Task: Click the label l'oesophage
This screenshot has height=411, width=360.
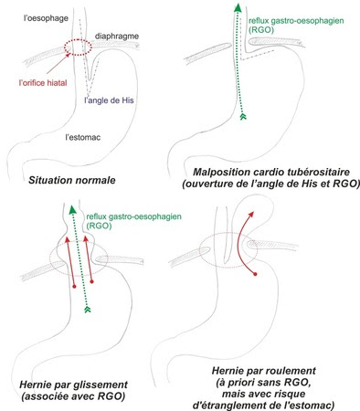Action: coord(46,18)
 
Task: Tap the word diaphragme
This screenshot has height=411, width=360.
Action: coord(117,37)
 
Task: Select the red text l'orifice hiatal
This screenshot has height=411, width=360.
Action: coord(43,83)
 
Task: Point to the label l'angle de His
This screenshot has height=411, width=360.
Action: coord(109,100)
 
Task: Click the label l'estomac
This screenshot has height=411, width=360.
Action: coord(83,137)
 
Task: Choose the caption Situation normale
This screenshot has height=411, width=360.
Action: coord(72,180)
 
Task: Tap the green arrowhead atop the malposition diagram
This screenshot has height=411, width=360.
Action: coord(238,7)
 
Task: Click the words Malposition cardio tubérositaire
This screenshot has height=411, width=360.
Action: coord(271,172)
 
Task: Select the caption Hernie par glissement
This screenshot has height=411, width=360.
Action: coord(73,385)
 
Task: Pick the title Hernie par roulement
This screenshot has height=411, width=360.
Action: coord(264,371)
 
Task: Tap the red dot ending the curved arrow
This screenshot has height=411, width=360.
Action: coord(255,274)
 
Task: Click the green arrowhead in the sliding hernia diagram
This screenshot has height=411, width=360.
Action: coord(72,210)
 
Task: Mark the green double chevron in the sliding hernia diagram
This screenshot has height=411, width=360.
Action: coord(88,310)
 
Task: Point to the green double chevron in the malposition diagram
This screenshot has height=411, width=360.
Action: coord(243,117)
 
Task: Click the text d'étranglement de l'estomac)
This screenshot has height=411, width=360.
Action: coord(264,406)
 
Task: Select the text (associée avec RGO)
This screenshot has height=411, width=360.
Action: coord(73,396)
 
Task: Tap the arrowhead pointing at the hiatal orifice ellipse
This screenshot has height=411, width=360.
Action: coord(69,55)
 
